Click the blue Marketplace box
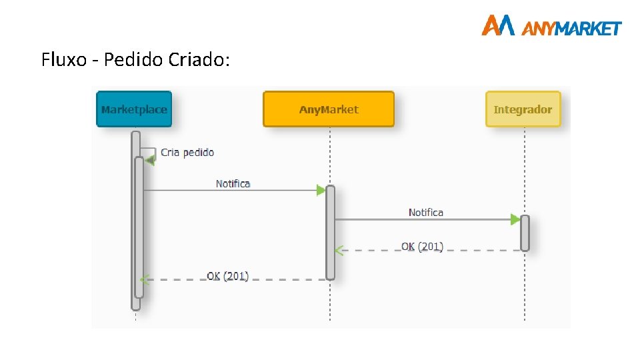pos(134,109)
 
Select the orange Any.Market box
pos(329,109)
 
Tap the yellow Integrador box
pos(523,109)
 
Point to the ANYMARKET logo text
pos(571,28)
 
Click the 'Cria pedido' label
pos(187,153)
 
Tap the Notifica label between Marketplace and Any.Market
pos(233,183)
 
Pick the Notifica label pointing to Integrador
pos(425,213)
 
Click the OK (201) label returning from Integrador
pos(422,247)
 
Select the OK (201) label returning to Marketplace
pos(227,275)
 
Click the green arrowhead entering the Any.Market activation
pos(321,190)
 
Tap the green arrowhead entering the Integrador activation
pos(515,219)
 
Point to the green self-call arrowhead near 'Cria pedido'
pos(150,160)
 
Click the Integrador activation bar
pos(525,233)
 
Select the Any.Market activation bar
pos(330,232)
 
